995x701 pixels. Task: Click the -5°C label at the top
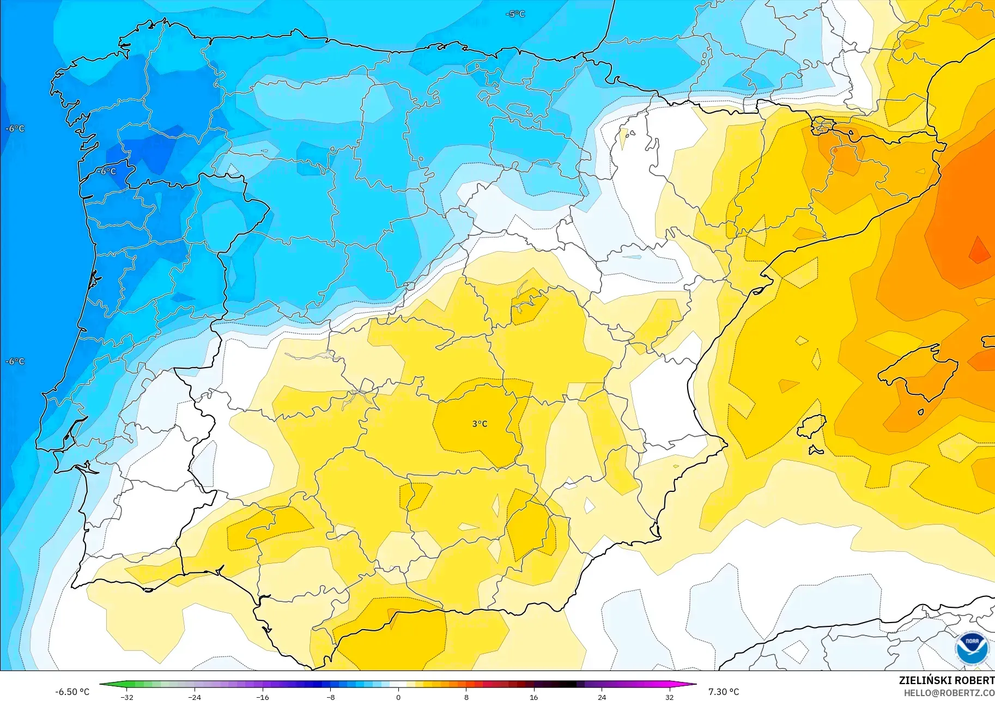[515, 14]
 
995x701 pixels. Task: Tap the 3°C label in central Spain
[480, 424]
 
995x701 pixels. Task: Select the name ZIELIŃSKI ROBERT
[947, 680]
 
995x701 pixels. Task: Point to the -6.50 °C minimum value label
[72, 692]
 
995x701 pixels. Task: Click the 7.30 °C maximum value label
[724, 692]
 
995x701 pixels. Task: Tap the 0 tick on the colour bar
[398, 697]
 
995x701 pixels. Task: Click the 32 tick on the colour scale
[669, 697]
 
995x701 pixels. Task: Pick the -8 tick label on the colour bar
[330, 697]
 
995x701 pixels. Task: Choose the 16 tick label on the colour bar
[533, 697]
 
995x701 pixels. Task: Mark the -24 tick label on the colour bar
[195, 697]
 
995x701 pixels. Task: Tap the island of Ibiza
[812, 426]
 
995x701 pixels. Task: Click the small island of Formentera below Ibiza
[816, 450]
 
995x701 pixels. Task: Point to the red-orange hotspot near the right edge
[979, 252]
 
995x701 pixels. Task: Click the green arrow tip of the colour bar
[103, 684]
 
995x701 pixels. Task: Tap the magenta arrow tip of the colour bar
[694, 684]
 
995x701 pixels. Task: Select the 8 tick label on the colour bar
[466, 697]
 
